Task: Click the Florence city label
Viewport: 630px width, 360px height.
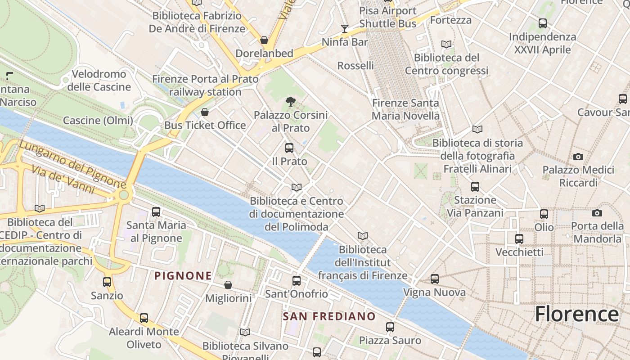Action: [x=576, y=314]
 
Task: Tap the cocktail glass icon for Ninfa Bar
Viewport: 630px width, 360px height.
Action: [x=345, y=29]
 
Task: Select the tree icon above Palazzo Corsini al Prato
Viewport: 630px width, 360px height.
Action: [x=290, y=102]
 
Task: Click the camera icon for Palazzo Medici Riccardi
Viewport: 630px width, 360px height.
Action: [x=578, y=157]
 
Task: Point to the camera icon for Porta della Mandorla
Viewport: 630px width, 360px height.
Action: [x=597, y=213]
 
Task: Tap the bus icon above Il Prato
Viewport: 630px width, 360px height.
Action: [x=289, y=148]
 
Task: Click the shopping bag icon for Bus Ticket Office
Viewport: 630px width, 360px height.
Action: [x=205, y=112]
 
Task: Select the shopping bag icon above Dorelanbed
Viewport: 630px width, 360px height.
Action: [x=264, y=40]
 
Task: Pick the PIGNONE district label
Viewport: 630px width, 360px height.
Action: [x=183, y=276]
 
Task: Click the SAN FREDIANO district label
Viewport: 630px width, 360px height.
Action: [x=329, y=316]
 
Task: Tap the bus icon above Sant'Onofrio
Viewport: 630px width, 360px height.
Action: [x=297, y=281]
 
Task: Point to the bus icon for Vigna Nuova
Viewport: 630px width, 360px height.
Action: [x=434, y=279]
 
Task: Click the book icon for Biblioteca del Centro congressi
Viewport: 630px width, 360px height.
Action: [x=446, y=45]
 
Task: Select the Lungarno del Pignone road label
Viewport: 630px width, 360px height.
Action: [x=72, y=164]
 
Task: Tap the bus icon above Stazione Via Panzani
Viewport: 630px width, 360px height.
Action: [x=475, y=187]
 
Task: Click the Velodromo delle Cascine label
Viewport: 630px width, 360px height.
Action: [x=99, y=80]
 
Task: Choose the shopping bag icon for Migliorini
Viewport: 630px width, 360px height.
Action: [x=228, y=285]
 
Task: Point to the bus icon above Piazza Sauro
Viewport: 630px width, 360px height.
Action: [x=390, y=327]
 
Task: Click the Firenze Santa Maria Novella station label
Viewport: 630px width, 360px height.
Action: [x=405, y=109]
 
